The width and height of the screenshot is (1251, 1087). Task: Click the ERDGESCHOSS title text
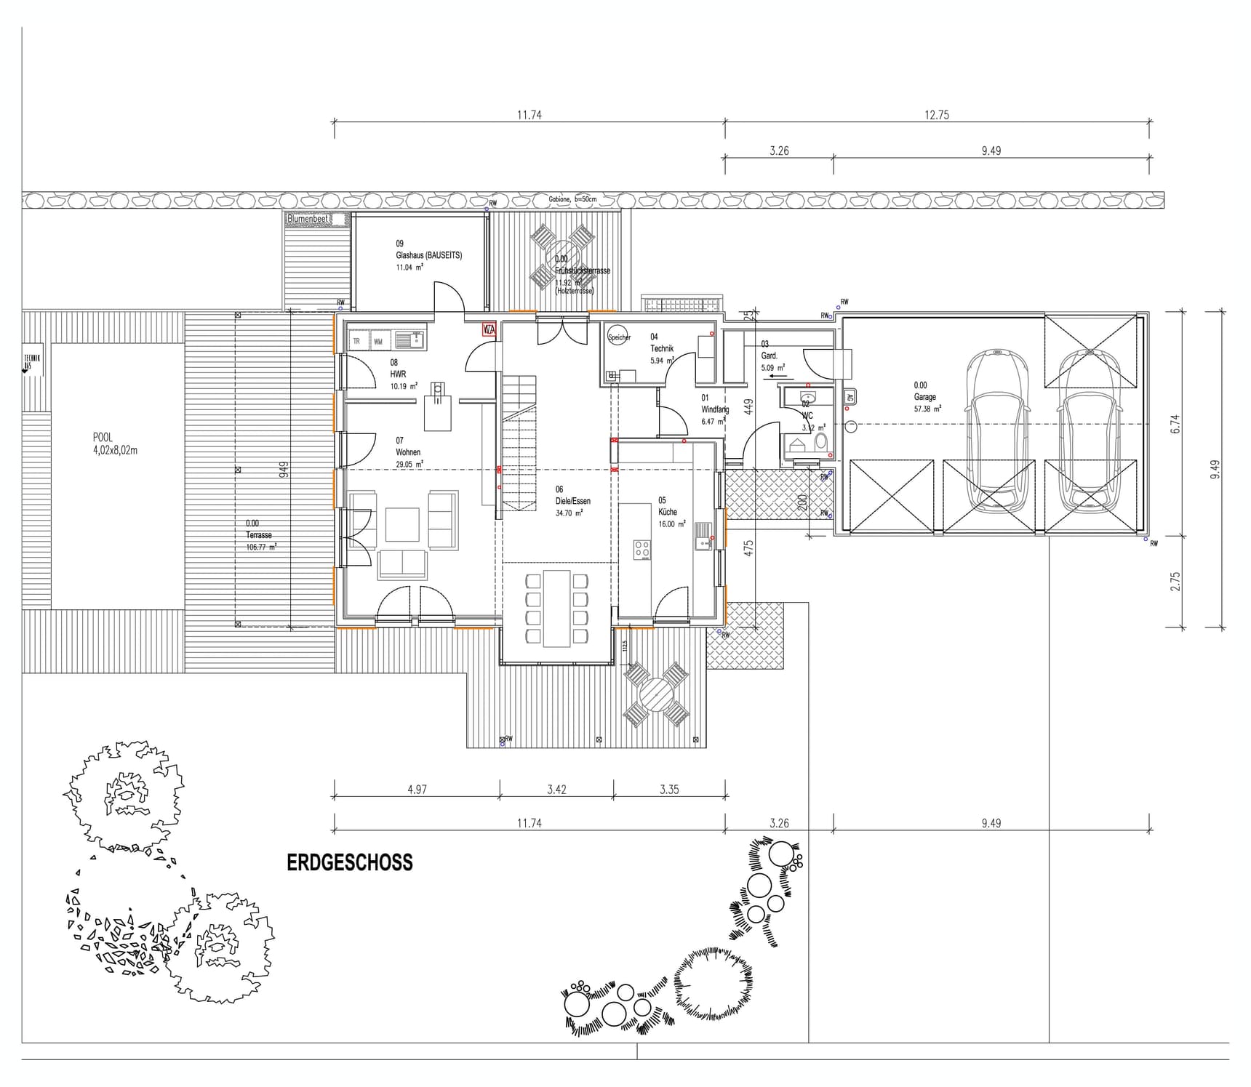(349, 862)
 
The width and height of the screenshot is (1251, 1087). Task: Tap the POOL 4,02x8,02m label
(114, 444)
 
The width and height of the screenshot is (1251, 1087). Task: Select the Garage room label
(926, 397)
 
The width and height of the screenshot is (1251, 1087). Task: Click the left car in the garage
(997, 433)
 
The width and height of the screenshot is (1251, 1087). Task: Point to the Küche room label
(668, 512)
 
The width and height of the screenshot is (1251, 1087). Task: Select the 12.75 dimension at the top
(937, 115)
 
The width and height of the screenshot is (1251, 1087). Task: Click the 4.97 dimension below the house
(417, 790)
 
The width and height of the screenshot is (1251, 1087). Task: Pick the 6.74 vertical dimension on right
(1175, 424)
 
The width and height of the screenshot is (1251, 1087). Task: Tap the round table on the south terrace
(657, 695)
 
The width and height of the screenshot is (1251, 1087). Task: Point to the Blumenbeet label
(308, 218)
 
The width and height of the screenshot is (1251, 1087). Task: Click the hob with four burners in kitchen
(642, 549)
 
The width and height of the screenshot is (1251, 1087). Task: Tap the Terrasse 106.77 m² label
(259, 535)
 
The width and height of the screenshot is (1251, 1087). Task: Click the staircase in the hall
(519, 444)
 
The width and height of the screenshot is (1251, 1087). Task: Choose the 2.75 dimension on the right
(1175, 581)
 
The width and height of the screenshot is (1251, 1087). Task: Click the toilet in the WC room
(820, 443)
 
